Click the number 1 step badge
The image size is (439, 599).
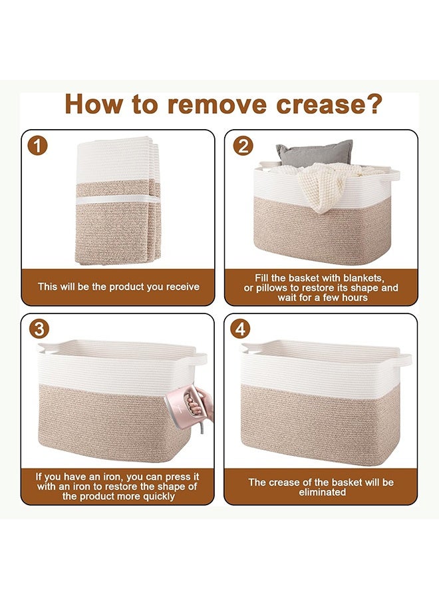[37, 146]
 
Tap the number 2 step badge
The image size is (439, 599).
[243, 146]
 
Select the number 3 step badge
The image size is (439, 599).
[39, 329]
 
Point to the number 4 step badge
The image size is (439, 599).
[240, 329]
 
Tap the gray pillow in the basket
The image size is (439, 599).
[314, 153]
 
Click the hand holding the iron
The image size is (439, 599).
[202, 405]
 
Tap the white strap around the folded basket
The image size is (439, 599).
[118, 200]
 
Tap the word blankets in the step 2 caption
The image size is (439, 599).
[363, 278]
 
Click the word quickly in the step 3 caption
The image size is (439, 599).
[158, 497]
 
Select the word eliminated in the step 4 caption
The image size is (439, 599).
[322, 492]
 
